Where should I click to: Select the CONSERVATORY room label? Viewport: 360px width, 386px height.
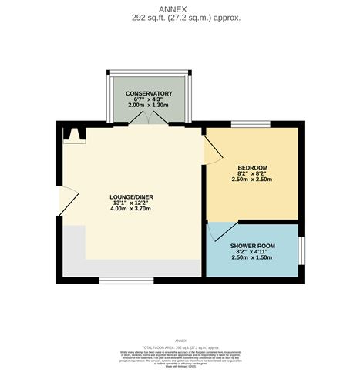tap(149, 93)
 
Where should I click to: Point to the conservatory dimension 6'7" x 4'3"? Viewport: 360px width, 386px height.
tap(149, 99)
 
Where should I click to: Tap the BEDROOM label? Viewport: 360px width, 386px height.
tap(252, 168)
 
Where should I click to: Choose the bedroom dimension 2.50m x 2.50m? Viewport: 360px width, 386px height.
tap(252, 180)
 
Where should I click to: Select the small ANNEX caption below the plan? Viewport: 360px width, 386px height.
tap(180, 340)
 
